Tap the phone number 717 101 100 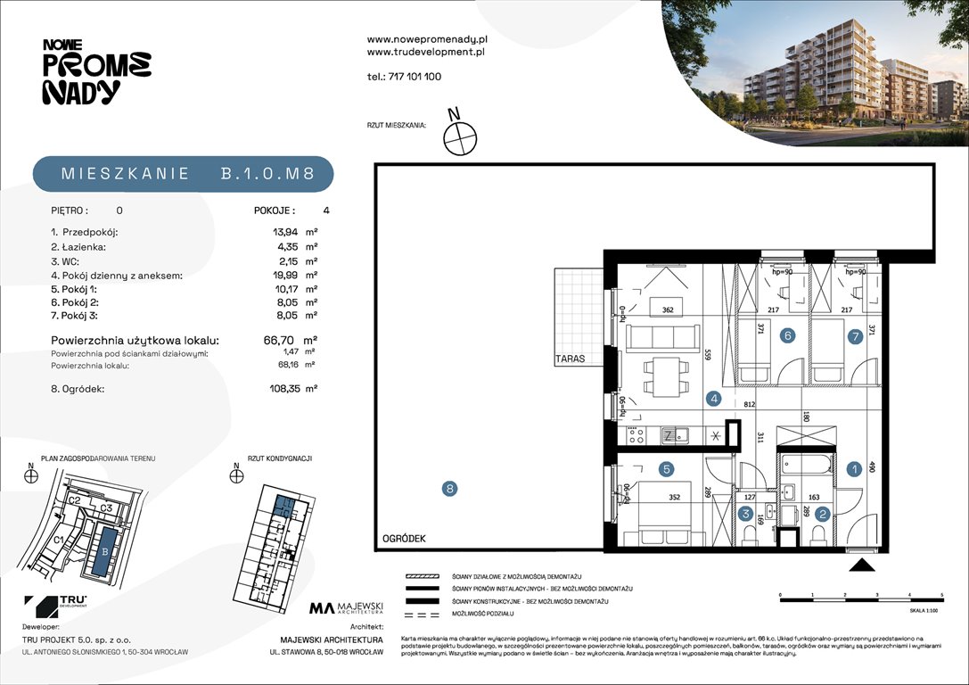pos(403,77)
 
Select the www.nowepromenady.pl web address pos(426,39)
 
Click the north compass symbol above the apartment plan pos(461,136)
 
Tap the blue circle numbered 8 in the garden pos(450,488)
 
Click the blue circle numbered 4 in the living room pos(714,400)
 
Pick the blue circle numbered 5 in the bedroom pos(665,467)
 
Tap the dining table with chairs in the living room pos(665,376)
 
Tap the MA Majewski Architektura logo pos(346,609)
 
